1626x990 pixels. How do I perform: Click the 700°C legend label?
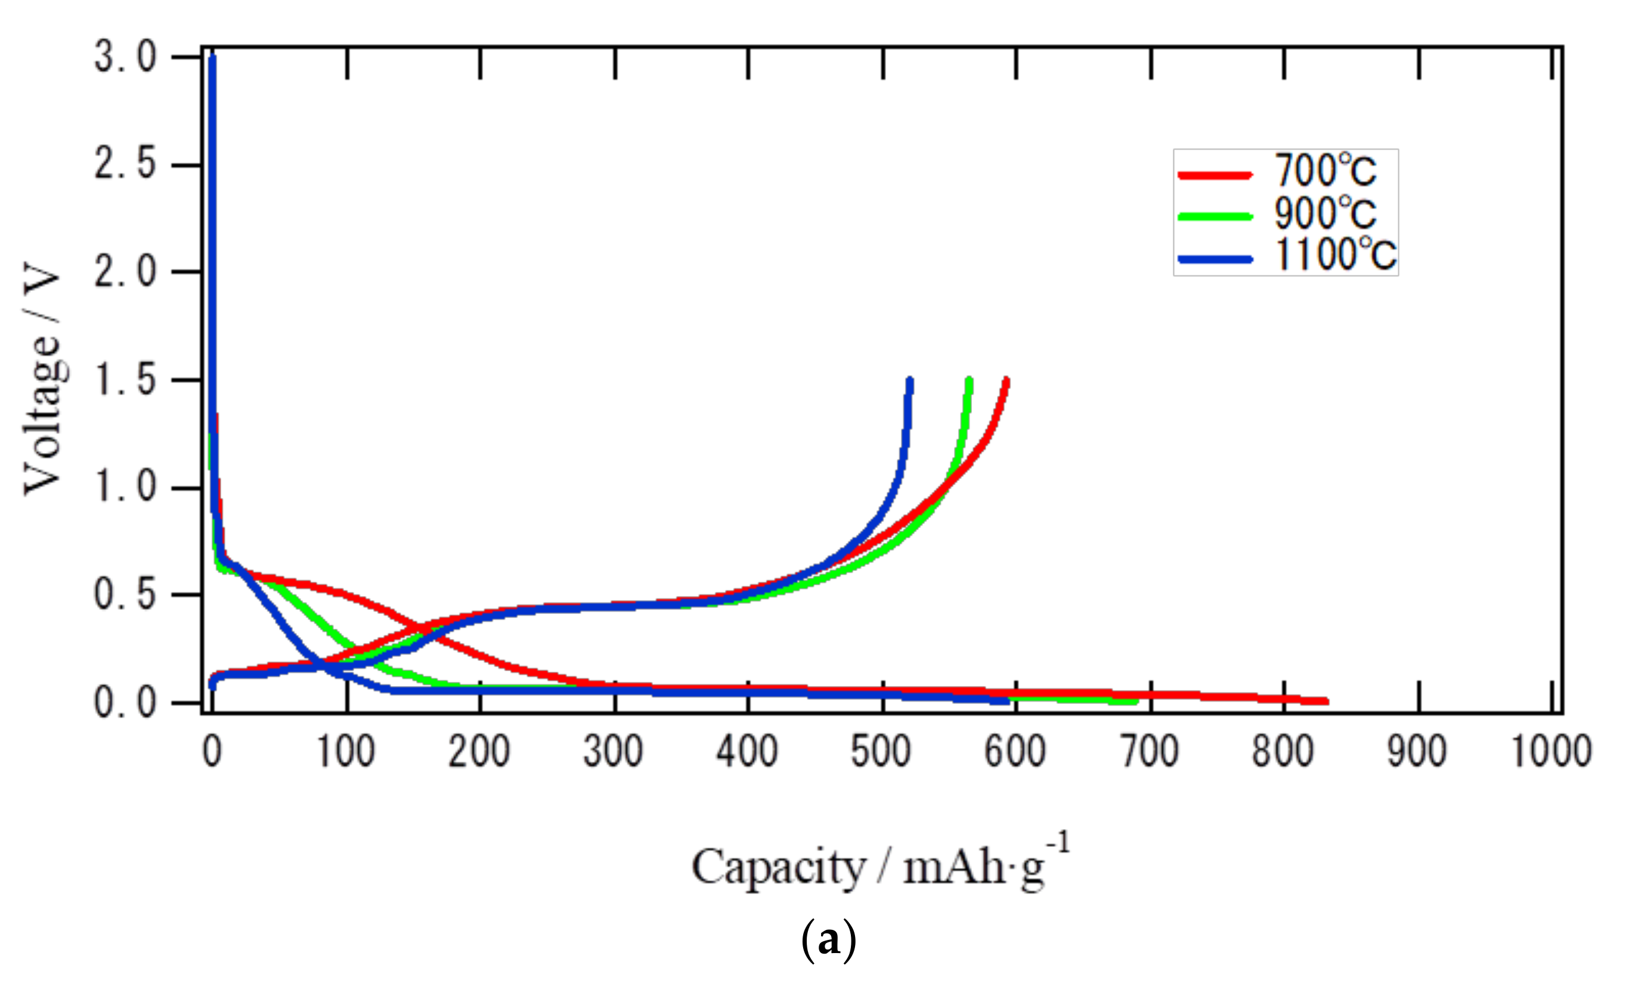[1324, 171]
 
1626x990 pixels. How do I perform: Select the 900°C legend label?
[1324, 213]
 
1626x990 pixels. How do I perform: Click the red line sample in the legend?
[1215, 175]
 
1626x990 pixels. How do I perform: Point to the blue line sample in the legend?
[1215, 259]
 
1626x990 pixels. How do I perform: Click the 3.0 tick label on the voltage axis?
[125, 57]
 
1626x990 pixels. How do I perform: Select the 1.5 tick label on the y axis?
[125, 380]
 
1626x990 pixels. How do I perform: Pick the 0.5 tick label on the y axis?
[125, 595]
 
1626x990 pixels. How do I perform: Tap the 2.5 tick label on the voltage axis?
[125, 165]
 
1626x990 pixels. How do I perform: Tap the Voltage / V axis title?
[42, 378]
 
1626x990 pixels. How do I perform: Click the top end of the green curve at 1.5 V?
[969, 381]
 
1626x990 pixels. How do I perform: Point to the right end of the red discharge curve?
[1325, 701]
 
